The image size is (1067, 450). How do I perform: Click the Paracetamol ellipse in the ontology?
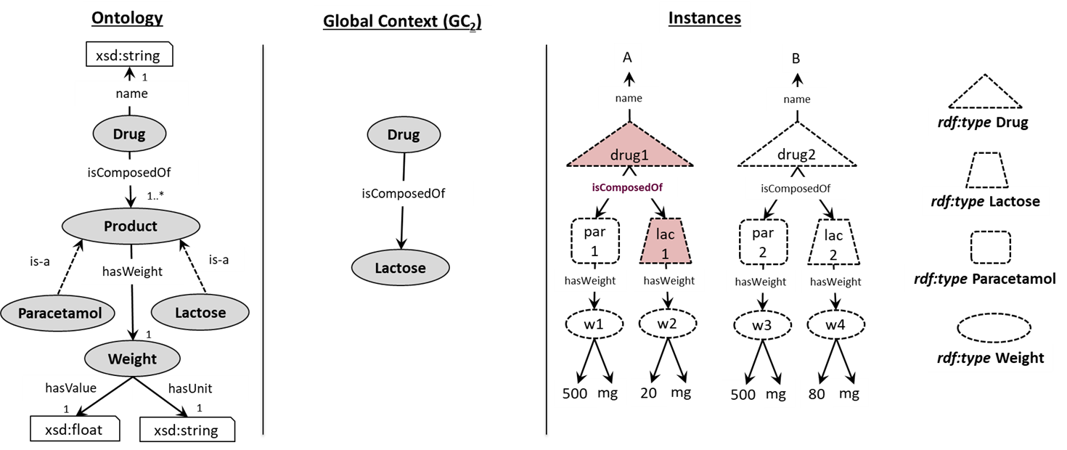[57, 313]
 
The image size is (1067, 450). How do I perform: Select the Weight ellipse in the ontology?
[132, 359]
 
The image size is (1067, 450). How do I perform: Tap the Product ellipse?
[131, 226]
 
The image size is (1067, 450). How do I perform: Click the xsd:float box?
[75, 429]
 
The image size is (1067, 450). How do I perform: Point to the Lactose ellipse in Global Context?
[400, 268]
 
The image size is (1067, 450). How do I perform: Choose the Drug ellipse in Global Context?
[404, 135]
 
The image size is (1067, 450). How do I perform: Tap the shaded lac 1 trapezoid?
[665, 241]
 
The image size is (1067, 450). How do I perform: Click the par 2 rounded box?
[763, 242]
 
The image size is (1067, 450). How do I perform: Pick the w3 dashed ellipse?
[762, 326]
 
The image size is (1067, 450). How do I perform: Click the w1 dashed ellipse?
[594, 324]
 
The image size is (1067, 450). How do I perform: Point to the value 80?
[817, 394]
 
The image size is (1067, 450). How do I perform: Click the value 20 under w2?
[648, 393]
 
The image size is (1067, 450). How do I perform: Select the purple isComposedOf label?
[627, 187]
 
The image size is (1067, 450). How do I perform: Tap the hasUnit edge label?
[190, 388]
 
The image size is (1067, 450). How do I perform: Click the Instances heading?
[705, 18]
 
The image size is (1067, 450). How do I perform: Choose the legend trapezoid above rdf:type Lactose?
[986, 170]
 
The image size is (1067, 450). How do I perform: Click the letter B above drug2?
[796, 59]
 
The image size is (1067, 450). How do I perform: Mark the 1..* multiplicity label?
[155, 196]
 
